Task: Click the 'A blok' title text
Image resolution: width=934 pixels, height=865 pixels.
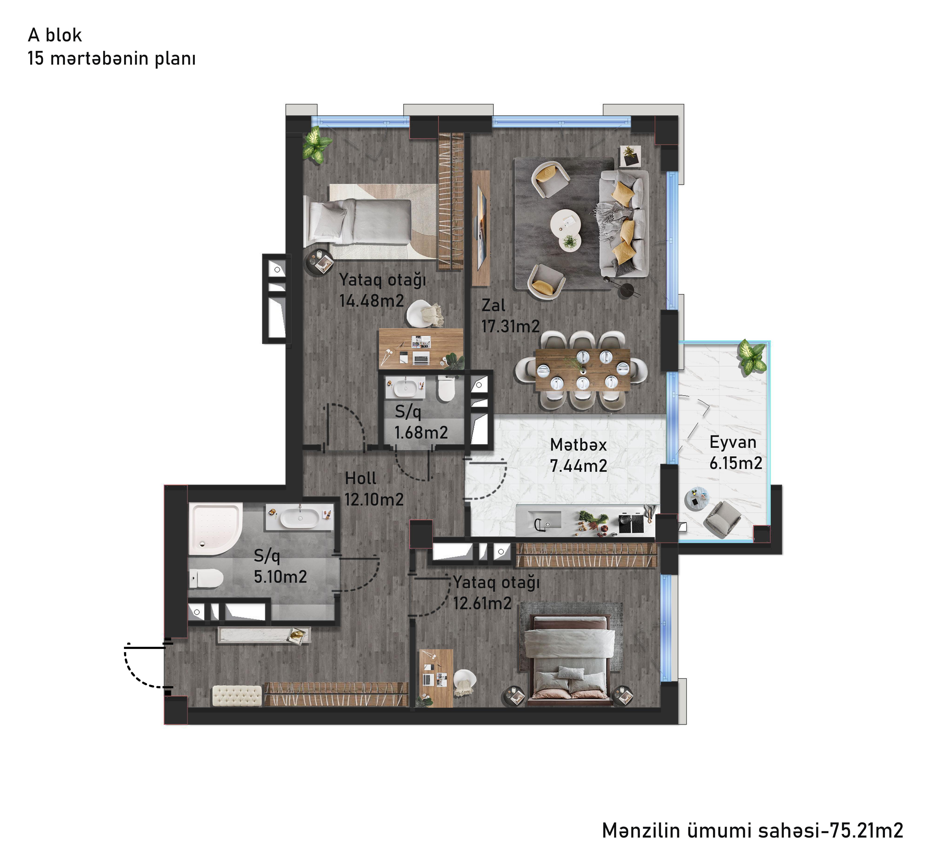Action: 55,35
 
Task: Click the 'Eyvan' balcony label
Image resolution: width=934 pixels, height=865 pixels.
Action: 733,442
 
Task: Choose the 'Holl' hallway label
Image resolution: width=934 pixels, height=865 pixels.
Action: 360,478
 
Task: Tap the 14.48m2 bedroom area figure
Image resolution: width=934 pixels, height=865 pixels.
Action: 372,300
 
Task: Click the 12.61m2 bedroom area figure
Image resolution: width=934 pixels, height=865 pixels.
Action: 482,603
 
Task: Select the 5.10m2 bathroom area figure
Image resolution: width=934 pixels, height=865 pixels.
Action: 280,576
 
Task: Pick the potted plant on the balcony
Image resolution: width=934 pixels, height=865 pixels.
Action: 751,357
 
